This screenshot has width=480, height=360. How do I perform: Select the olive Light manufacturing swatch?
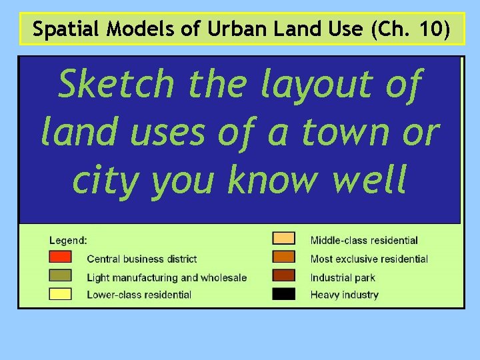click(60, 276)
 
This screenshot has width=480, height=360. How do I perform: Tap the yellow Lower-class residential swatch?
click(60, 294)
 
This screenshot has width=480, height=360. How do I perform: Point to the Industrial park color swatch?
click(283, 276)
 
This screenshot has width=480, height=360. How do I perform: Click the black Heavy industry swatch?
click(283, 294)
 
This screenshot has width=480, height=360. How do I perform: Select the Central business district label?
click(142, 259)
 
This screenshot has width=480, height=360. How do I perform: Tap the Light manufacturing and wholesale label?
click(167, 277)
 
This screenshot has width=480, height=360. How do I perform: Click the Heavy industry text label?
click(344, 295)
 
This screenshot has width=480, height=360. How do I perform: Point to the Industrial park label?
click(343, 277)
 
